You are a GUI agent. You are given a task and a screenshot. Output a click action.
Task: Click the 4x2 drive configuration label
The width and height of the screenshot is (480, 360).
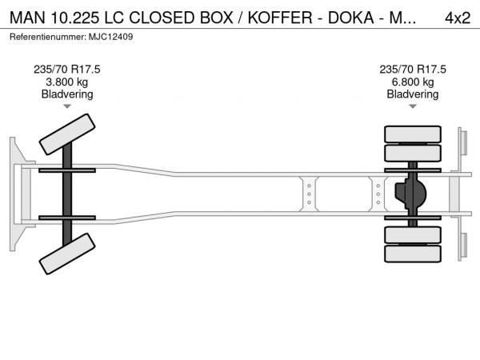458,18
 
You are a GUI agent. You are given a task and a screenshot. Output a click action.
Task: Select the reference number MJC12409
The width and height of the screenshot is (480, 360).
111,37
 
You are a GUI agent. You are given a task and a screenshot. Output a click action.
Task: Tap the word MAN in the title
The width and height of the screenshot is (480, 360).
27,18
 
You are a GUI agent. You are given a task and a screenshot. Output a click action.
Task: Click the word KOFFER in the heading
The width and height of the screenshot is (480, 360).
280,18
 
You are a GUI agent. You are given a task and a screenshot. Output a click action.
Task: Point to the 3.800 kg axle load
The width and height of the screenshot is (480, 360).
66,82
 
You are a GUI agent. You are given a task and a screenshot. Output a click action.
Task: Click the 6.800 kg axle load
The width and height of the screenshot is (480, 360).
413,82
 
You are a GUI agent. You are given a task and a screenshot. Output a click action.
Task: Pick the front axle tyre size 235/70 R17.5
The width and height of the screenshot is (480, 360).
66,70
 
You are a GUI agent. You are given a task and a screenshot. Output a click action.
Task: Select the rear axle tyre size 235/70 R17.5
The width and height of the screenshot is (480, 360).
413,70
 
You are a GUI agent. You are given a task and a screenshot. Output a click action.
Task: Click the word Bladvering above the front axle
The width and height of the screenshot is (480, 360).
67,94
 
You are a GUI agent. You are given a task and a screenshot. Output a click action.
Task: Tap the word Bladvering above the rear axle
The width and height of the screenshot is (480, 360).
413,94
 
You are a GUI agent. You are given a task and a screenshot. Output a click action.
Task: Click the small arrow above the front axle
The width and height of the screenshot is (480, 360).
67,106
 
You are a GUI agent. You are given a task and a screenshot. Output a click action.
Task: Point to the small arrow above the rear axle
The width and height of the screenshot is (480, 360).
413,106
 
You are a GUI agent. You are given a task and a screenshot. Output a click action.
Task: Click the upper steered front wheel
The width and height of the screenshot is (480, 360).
67,134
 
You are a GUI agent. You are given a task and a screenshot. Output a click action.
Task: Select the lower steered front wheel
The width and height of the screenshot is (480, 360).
67,254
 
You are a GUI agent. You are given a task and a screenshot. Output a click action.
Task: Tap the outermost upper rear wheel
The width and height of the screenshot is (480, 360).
413,134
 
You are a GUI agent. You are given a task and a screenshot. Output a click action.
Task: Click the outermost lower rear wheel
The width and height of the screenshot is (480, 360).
413,254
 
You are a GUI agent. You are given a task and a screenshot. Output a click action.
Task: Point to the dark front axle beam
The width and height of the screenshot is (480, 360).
67,194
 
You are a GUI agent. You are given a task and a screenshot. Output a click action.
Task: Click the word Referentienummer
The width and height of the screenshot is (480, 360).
48,37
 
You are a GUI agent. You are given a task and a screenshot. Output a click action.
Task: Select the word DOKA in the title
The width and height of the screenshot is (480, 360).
351,18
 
